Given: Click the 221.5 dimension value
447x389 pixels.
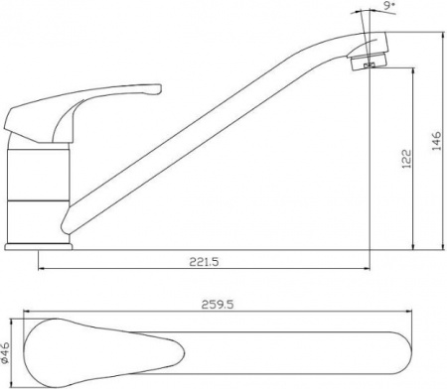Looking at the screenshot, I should [x=202, y=262].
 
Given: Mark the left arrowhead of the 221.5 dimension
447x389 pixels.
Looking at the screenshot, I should [x=42, y=268].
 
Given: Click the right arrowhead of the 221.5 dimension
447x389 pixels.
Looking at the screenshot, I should [x=366, y=268].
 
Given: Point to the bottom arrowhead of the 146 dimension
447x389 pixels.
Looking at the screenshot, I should [x=438, y=244].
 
